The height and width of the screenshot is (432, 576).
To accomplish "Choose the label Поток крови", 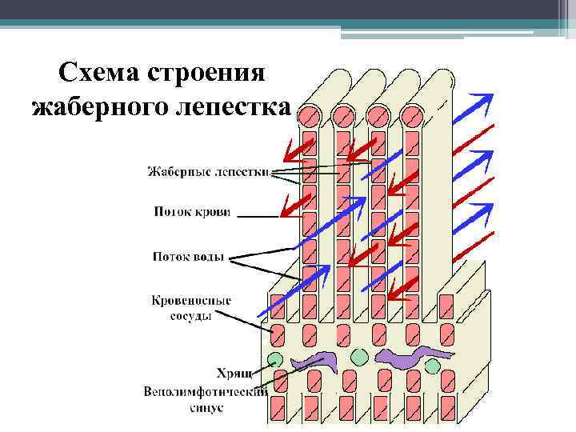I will coord(192,212).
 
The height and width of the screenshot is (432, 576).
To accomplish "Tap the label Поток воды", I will coord(189,257).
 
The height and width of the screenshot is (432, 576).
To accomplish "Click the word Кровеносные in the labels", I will coord(191,301).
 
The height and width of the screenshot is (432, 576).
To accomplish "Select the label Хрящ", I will coord(234,372).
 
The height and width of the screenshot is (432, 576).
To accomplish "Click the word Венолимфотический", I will coord(204,392).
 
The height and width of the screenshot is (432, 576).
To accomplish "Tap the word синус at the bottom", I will coord(207,407).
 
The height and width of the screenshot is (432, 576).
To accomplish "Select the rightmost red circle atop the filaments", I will coord(412,118).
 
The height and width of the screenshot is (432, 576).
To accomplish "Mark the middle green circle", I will coord(358,355).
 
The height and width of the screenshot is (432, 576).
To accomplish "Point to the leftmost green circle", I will coord(276,357).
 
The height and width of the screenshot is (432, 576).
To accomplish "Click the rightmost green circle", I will coord(433,366).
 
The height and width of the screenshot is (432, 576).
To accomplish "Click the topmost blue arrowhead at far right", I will coord(482,100).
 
